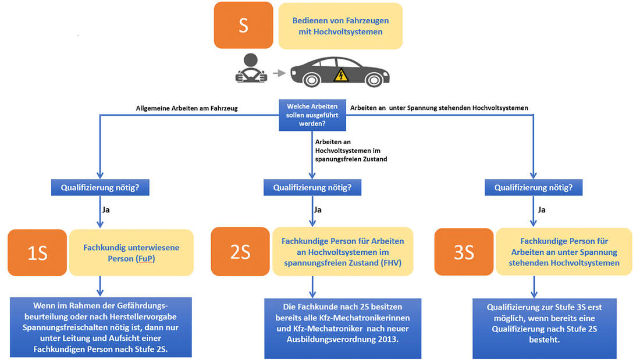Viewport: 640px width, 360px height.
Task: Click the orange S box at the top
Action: pyautogui.click(x=243, y=26)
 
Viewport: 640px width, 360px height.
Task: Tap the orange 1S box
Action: pyautogui.click(x=37, y=252)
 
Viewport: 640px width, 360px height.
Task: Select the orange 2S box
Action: pyautogui.click(x=240, y=251)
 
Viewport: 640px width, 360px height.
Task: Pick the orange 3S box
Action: pyautogui.click(x=464, y=252)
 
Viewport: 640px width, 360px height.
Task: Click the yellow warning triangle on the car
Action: pyautogui.click(x=341, y=75)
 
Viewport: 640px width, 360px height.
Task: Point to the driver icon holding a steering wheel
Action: pyautogui.click(x=251, y=68)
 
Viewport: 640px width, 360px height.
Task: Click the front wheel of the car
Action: pyautogui.click(x=374, y=80)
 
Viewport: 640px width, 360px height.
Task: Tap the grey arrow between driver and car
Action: pyautogui.click(x=279, y=73)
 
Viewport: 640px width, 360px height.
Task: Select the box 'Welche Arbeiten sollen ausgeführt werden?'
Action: pyautogui.click(x=312, y=115)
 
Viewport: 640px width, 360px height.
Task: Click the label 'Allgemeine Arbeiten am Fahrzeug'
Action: pyautogui.click(x=187, y=108)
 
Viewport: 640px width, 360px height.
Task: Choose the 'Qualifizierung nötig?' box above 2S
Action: pyautogui.click(x=312, y=188)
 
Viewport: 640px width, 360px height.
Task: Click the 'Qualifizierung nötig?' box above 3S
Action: pyautogui.click(x=534, y=188)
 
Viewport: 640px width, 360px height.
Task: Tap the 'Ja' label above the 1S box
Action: pyautogui.click(x=106, y=210)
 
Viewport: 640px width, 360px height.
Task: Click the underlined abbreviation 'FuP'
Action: pyautogui.click(x=145, y=259)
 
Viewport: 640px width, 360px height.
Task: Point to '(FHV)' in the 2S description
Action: pyautogui.click(x=391, y=263)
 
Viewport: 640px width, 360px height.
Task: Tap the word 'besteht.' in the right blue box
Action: pyautogui.click(x=545, y=340)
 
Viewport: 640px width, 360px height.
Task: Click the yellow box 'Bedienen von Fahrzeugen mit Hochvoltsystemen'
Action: pyautogui.click(x=340, y=26)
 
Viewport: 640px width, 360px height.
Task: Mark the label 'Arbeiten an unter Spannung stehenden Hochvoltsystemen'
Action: pyautogui.click(x=439, y=108)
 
